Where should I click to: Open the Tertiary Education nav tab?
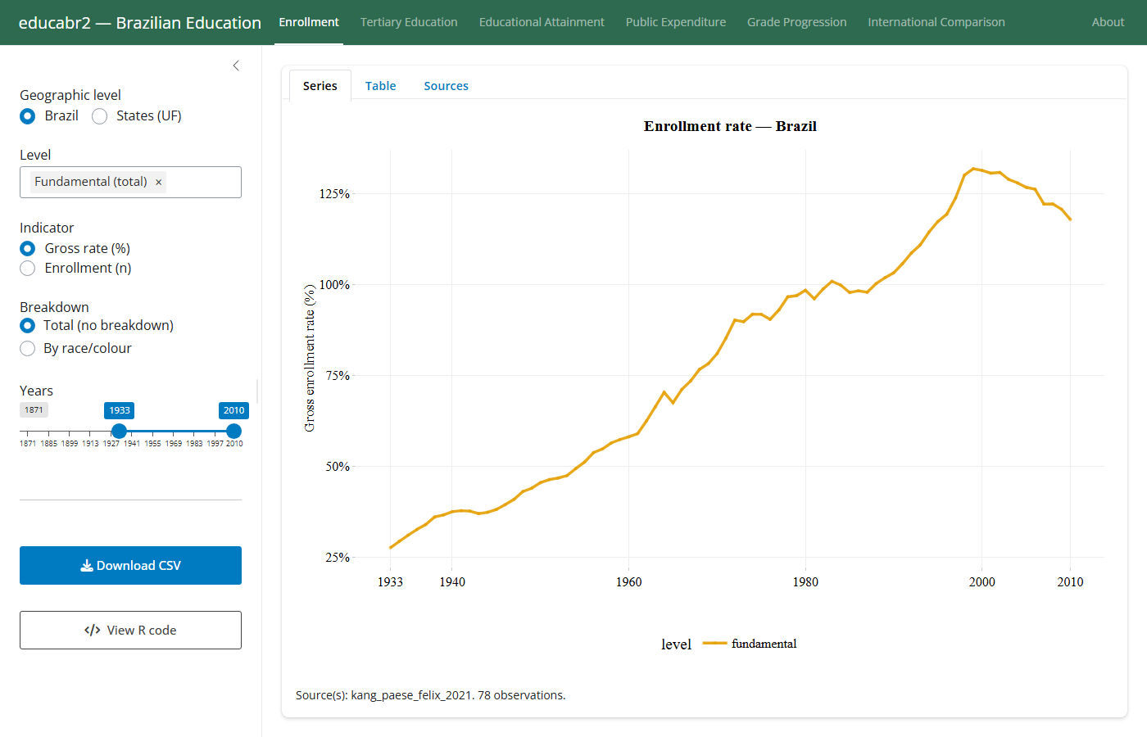(x=409, y=22)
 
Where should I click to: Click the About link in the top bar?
(x=1108, y=22)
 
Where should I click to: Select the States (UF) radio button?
(x=100, y=116)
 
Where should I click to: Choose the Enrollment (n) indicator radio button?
(x=28, y=269)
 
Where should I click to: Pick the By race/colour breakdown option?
(x=28, y=349)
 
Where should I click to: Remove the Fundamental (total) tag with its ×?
(x=159, y=182)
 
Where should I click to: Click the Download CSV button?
(x=130, y=565)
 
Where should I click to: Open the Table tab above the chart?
(x=380, y=85)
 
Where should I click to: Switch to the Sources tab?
(x=446, y=85)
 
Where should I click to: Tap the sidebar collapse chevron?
(x=236, y=66)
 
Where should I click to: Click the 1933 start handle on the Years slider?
(x=120, y=431)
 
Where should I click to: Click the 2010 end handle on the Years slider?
(x=234, y=431)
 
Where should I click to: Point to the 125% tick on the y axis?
(x=334, y=194)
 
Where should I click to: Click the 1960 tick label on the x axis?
(x=629, y=582)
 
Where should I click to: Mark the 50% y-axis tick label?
(x=338, y=466)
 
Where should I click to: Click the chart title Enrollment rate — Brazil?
(x=730, y=126)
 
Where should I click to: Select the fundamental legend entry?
(x=750, y=644)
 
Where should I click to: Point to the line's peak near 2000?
(x=973, y=169)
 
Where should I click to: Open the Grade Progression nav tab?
(x=796, y=22)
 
